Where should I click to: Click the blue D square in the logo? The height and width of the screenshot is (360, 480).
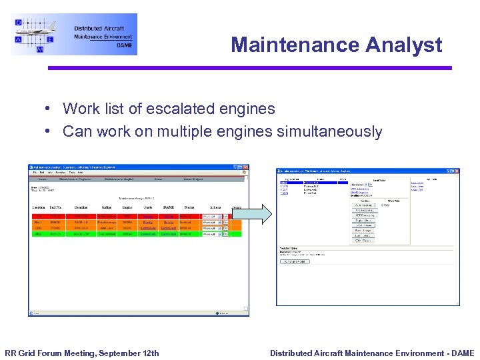click(x=19, y=23)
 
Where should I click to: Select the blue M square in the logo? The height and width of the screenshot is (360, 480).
click(x=40, y=49)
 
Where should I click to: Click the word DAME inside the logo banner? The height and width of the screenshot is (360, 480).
click(x=124, y=45)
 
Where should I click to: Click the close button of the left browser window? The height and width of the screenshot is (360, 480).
click(x=245, y=167)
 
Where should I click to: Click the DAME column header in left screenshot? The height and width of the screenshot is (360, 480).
click(x=167, y=207)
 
